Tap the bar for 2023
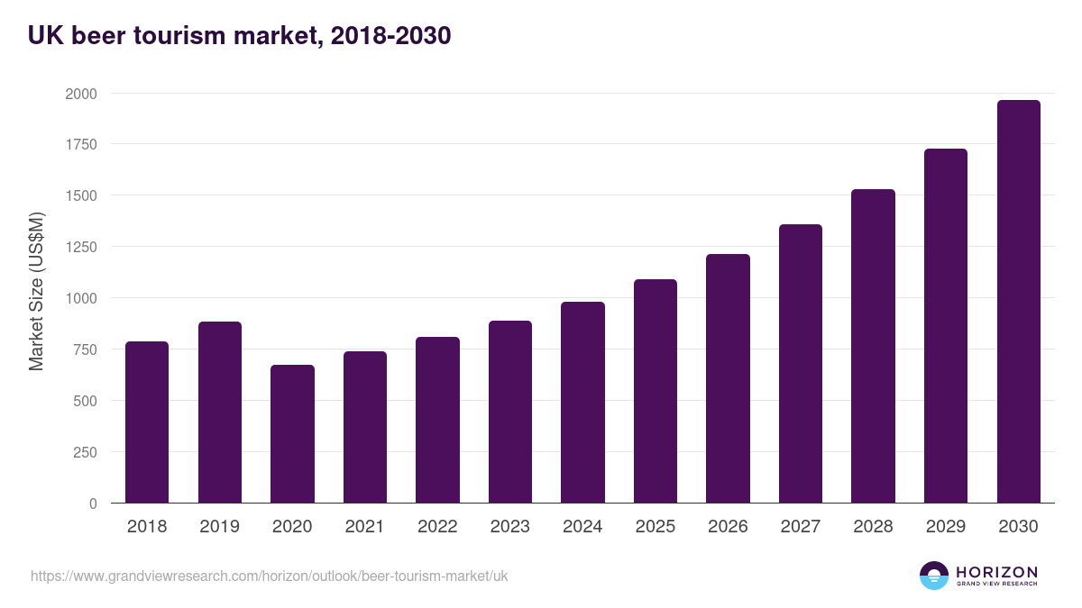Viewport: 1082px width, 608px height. tap(510, 412)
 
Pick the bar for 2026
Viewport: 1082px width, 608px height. tap(728, 378)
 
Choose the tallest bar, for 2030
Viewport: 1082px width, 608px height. tap(1018, 301)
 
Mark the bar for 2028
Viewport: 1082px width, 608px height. tap(873, 346)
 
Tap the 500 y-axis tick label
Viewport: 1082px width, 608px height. tap(85, 401)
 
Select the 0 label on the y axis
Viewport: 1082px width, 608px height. tap(93, 504)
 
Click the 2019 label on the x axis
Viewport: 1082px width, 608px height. tap(219, 527)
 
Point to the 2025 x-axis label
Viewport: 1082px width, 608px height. tap(655, 527)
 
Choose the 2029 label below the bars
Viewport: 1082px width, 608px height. tap(945, 527)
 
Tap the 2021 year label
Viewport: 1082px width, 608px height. tap(364, 527)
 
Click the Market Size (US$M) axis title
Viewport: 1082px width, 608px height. tap(36, 290)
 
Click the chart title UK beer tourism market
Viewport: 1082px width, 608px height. tap(239, 36)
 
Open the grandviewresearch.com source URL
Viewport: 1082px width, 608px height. tap(269, 576)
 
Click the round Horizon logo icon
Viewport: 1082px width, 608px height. tap(934, 576)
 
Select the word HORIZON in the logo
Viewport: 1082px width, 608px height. tap(996, 571)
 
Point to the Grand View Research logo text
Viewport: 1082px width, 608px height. tap(996, 584)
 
